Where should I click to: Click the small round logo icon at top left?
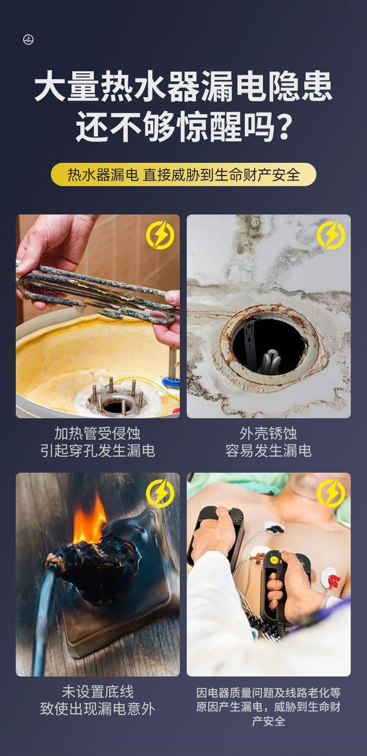pos(28,40)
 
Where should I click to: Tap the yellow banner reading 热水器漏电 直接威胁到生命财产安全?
pos(183,174)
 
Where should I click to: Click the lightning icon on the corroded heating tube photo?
pos(160,234)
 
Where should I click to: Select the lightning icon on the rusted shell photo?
pos(331,234)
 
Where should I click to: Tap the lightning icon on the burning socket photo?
pos(160,493)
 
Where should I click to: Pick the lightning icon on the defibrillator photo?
pos(331,493)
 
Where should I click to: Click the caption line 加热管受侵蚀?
pos(97,433)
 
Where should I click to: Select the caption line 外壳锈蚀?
pos(268,433)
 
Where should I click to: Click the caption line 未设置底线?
pos(97,691)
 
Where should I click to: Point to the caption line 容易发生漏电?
pos(268,451)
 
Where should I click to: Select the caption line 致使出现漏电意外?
pos(97,709)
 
